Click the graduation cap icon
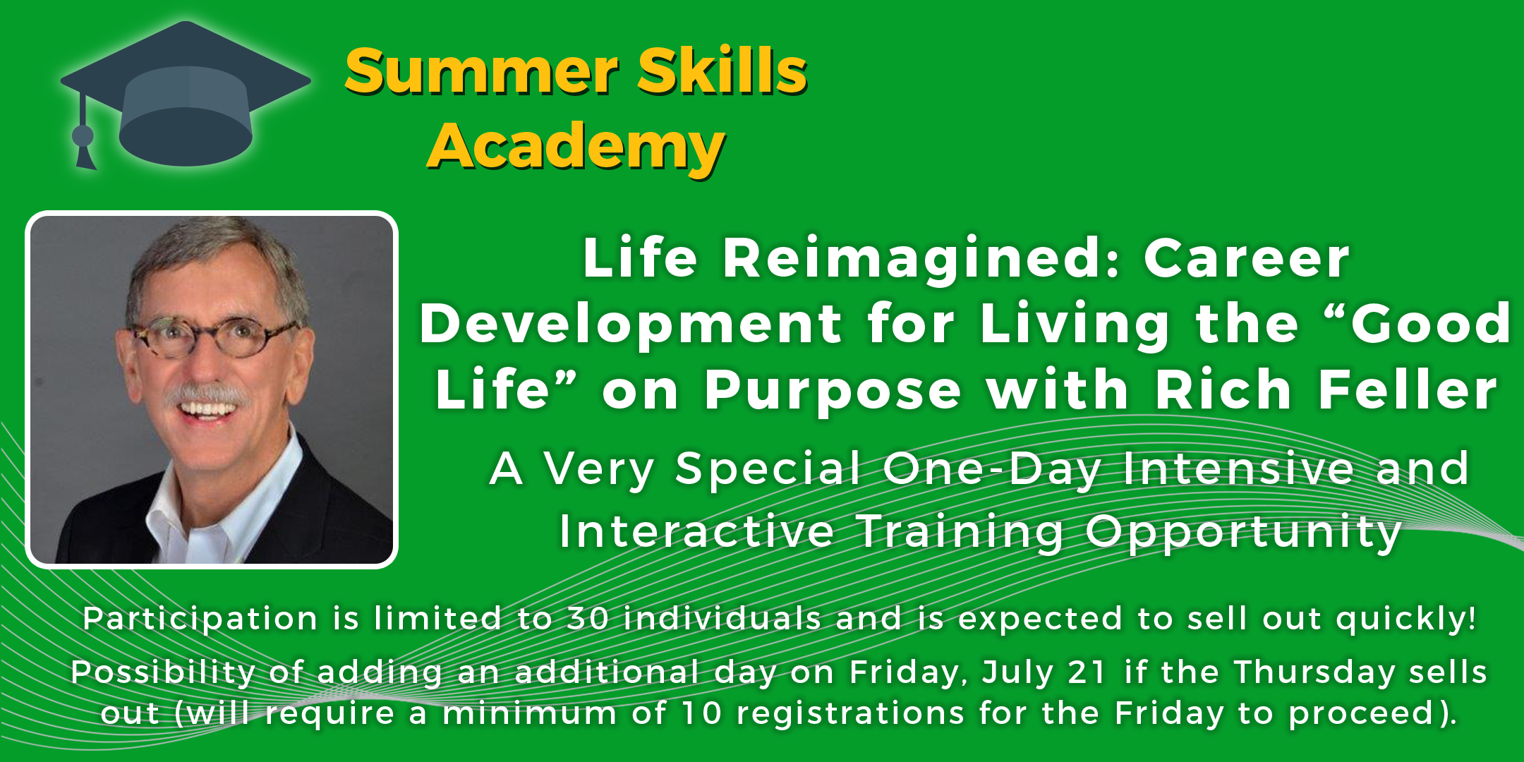click(185, 95)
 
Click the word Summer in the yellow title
click(482, 72)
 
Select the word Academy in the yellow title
click(576, 147)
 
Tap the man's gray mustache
click(209, 394)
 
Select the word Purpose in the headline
click(833, 391)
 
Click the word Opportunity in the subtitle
click(1244, 533)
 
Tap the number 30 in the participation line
click(588, 619)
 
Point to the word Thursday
click(1315, 672)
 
